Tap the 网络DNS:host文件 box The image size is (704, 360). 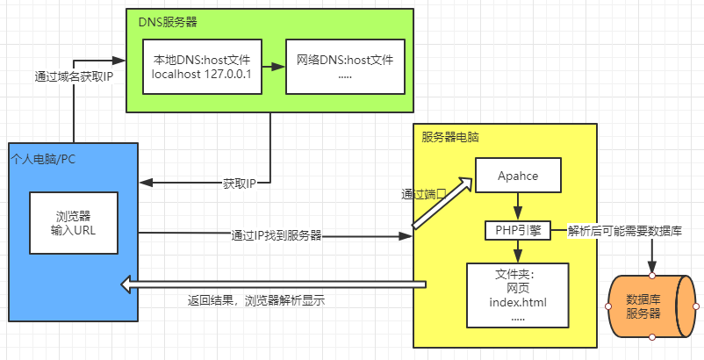tap(344, 67)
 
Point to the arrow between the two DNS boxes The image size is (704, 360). tap(272, 67)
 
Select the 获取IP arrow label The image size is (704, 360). tap(239, 184)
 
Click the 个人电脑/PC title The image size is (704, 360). tap(42, 159)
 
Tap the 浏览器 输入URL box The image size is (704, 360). tap(73, 223)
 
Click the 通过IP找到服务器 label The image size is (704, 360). tap(276, 235)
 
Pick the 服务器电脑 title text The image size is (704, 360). tap(450, 137)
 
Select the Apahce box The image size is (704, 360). tap(518, 176)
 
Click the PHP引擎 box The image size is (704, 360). tap(518, 231)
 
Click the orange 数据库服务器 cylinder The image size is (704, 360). tap(650, 306)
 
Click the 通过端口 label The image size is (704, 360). tap(424, 194)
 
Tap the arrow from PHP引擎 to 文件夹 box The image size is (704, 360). tap(518, 250)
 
